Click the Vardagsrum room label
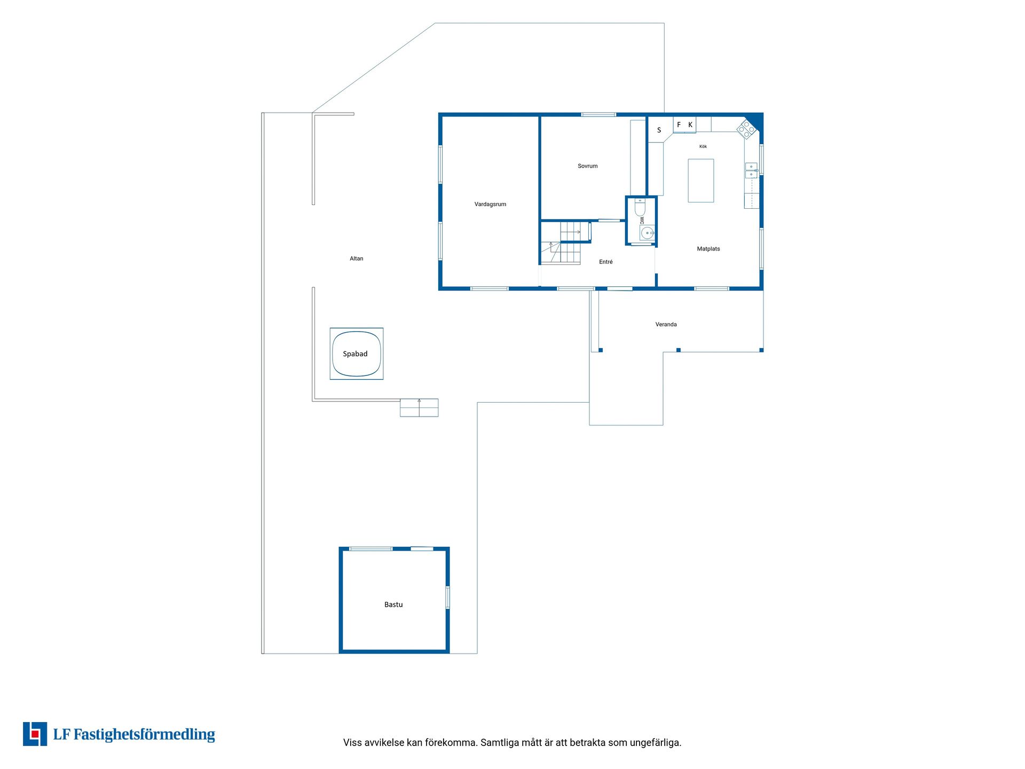coord(490,204)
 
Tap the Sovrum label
coord(587,166)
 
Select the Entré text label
coord(605,262)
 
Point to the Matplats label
coord(708,249)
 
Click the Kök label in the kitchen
coord(703,146)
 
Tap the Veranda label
coord(666,324)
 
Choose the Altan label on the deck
coord(356,258)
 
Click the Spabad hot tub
coord(357,354)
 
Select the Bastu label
coord(393,605)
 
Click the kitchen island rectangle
coord(701,181)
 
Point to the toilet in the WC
coord(640,207)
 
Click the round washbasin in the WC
coord(647,233)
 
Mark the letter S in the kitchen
coord(659,130)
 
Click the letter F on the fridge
coord(679,125)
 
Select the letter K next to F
coord(690,125)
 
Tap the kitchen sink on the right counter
coord(751,170)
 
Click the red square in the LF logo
coord(35,734)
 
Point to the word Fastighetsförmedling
coord(144,735)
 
